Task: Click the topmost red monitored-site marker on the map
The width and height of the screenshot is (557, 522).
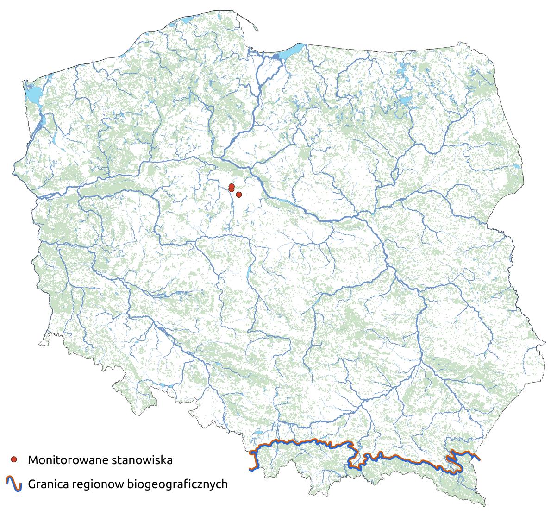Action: (231, 186)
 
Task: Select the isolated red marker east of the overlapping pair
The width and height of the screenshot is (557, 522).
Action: (239, 195)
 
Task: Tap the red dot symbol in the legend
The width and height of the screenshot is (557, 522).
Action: (14, 459)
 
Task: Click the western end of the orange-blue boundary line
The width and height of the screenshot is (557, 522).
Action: (250, 469)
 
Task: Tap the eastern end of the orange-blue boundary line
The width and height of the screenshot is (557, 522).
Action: (480, 459)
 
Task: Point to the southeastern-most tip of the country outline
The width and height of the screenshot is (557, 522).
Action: (485, 505)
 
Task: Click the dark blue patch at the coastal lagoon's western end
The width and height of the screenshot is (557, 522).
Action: (276, 57)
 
